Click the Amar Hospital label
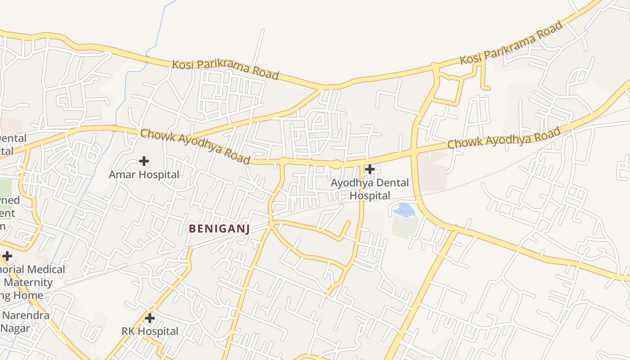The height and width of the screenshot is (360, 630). coord(144,175)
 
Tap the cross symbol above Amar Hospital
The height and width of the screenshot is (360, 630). coord(144,161)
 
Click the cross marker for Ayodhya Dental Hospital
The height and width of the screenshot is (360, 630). coord(370,169)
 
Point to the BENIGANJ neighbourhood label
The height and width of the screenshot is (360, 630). coord(219,229)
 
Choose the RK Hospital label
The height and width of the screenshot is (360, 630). coord(150,332)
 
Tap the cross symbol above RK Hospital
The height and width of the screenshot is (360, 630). coord(150,318)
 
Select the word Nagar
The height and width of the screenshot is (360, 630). coord(16,328)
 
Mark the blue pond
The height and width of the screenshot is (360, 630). coord(405,210)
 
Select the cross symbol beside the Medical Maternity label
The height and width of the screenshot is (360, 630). coord(7,256)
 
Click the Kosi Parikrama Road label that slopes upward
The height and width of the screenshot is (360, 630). coord(511,43)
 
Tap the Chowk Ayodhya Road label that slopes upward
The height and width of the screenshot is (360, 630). coord(504,138)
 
